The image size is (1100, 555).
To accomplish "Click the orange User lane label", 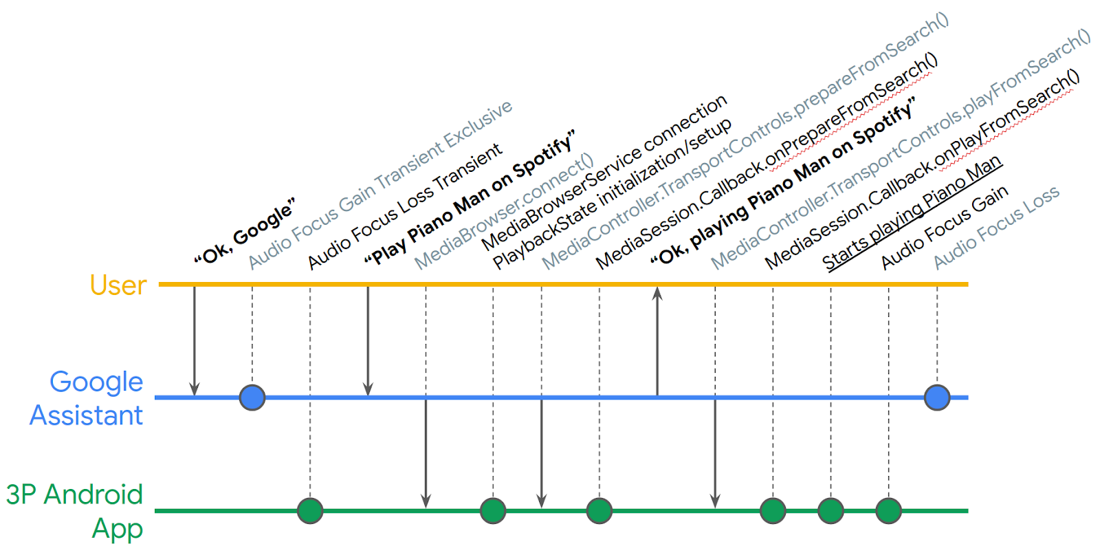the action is point(118,285).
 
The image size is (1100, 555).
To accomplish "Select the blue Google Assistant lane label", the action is point(87,398).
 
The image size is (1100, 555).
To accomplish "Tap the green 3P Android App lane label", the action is point(75,512).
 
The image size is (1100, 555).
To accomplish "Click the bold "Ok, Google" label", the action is point(245,232).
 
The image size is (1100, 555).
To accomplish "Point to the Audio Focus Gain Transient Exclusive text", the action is point(380,185).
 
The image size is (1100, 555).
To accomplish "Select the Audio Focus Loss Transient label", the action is point(405,206).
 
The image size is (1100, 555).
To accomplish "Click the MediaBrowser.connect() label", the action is point(505,213).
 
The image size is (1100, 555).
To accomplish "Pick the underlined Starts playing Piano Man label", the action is point(912,213).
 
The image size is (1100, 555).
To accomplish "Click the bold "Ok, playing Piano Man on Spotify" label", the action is point(783,182).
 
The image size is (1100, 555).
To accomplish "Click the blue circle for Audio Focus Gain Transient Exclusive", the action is point(252,398).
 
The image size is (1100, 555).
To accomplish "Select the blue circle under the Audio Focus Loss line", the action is point(937,398).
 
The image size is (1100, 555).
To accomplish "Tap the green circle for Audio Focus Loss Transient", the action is point(310,511).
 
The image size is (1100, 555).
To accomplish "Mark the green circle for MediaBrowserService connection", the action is point(493,511).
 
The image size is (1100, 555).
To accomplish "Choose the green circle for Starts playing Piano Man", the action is point(831,511).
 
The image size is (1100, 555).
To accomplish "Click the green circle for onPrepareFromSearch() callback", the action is point(599,511).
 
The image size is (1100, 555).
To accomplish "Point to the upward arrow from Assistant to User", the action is point(657,341).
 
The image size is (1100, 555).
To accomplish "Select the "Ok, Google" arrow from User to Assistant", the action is point(195,341).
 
